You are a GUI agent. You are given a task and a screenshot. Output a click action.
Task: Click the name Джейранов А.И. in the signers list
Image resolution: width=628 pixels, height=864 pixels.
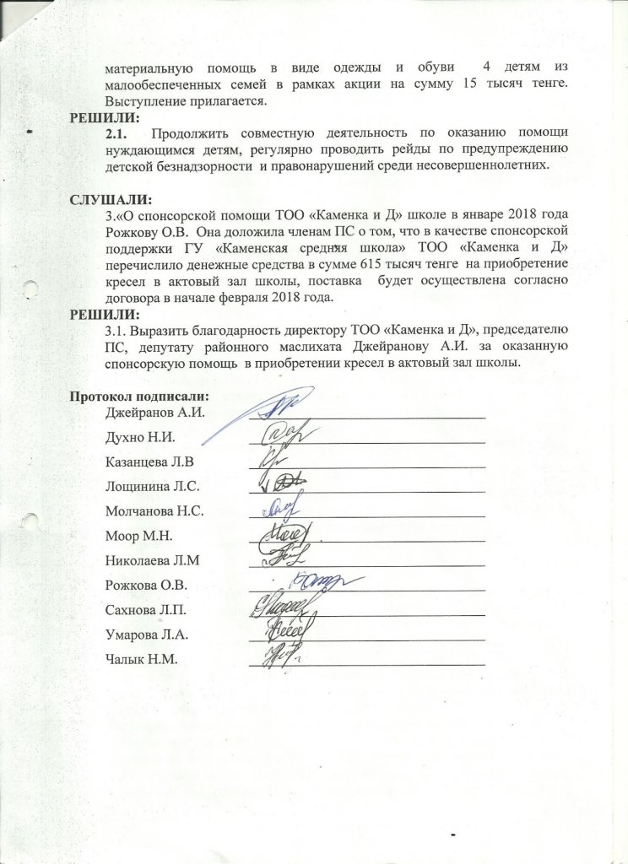156,413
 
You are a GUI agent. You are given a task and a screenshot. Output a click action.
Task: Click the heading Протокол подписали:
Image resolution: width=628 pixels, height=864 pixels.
139,397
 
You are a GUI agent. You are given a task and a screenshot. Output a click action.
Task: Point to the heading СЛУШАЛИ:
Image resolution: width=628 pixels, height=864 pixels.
109,200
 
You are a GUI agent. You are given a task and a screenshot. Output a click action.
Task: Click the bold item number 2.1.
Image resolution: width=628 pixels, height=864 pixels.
116,134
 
